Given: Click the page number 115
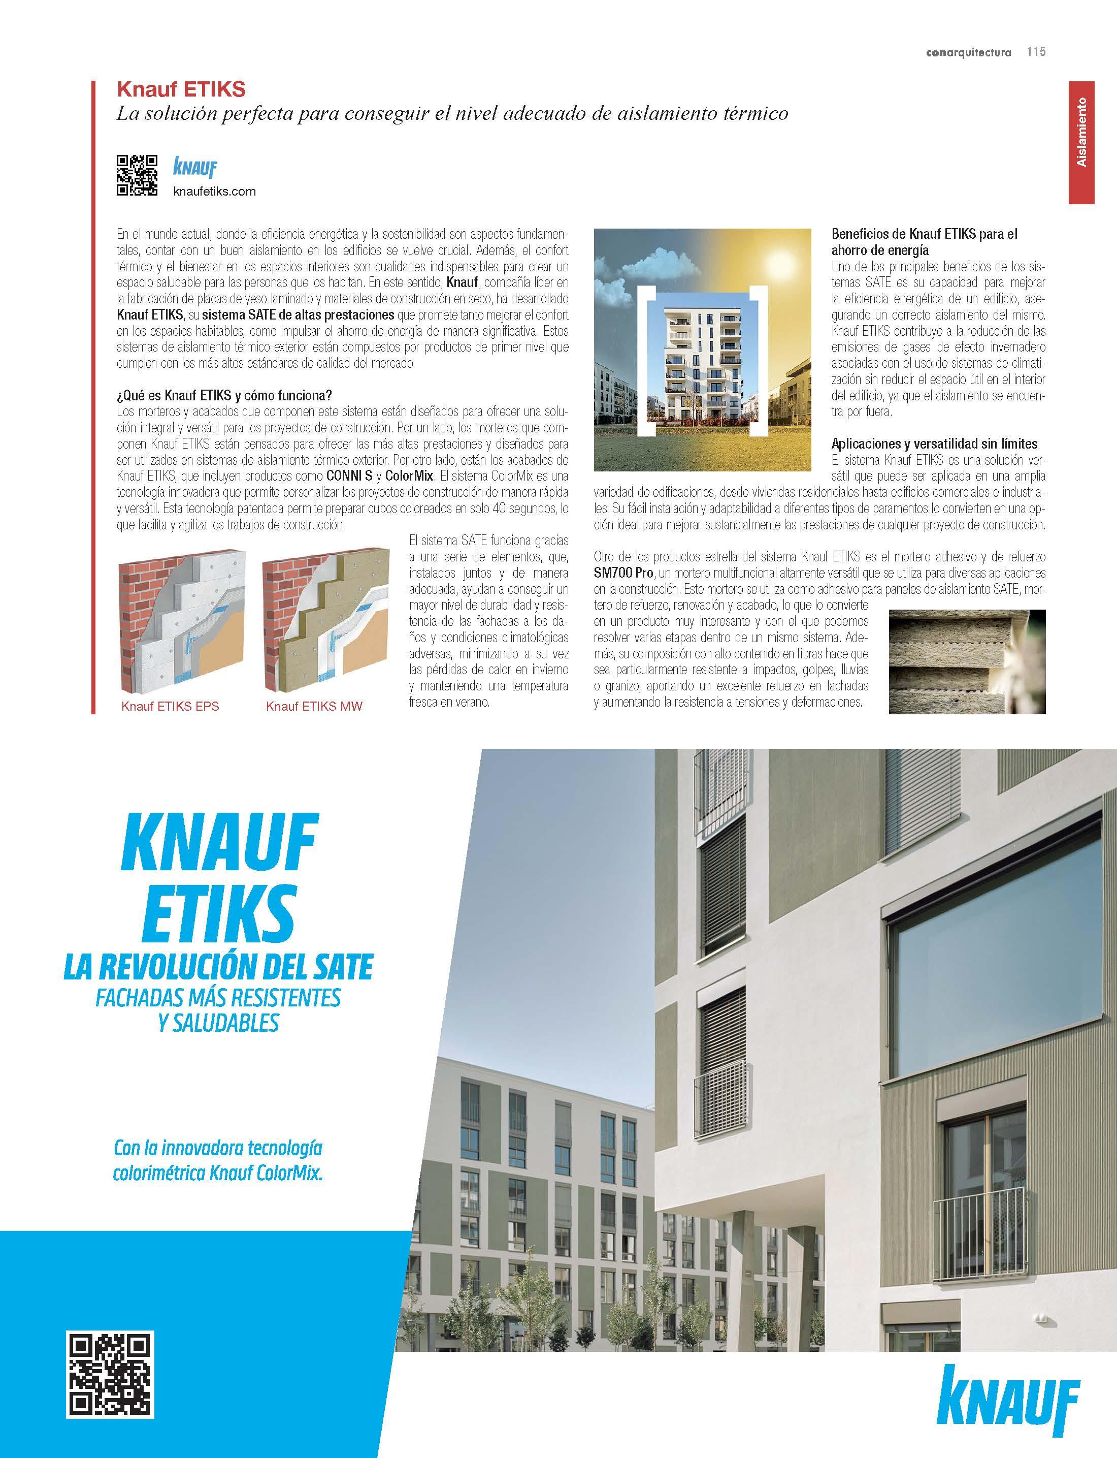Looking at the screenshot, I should (x=1036, y=52).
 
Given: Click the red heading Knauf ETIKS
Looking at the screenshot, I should (x=181, y=89).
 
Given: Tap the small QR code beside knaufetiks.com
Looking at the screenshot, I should (x=137, y=175).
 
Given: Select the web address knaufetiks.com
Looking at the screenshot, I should (x=214, y=192).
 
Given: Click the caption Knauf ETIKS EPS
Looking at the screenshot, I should (x=170, y=706).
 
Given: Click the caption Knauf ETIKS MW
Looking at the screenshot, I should (x=314, y=706).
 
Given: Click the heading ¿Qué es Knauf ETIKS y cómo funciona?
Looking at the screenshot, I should (x=224, y=396).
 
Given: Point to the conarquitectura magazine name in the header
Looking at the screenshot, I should (x=968, y=52).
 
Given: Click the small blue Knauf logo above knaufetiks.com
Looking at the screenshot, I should (x=195, y=167).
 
